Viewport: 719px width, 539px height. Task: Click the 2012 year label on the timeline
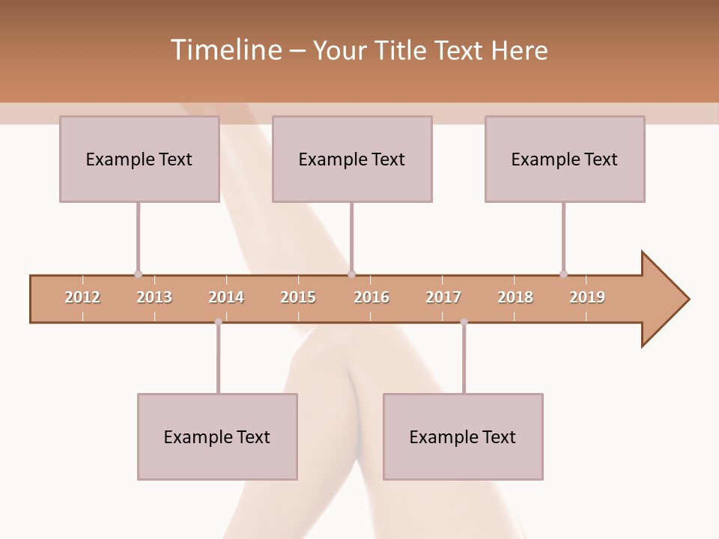[82, 297]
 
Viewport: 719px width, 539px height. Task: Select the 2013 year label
[154, 297]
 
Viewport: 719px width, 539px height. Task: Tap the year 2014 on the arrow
[226, 297]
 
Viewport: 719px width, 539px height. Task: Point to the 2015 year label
[298, 297]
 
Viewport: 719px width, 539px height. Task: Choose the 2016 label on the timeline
[371, 297]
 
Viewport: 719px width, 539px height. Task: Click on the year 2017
[443, 297]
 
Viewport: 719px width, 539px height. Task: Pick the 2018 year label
[515, 297]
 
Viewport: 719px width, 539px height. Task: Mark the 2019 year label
[587, 297]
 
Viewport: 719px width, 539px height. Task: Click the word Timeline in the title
[225, 50]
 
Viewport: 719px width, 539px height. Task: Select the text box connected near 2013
[139, 159]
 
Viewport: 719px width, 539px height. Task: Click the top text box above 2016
[352, 159]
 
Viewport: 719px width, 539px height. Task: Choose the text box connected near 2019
[565, 159]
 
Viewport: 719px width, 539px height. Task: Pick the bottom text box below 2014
[217, 436]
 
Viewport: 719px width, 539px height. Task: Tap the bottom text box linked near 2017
[463, 436]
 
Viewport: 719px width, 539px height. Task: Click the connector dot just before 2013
[138, 274]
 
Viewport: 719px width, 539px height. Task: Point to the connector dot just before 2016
[351, 274]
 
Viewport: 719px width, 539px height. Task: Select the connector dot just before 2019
[563, 274]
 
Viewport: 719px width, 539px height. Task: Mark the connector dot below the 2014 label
[218, 322]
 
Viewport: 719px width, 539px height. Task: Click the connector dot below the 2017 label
[464, 322]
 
